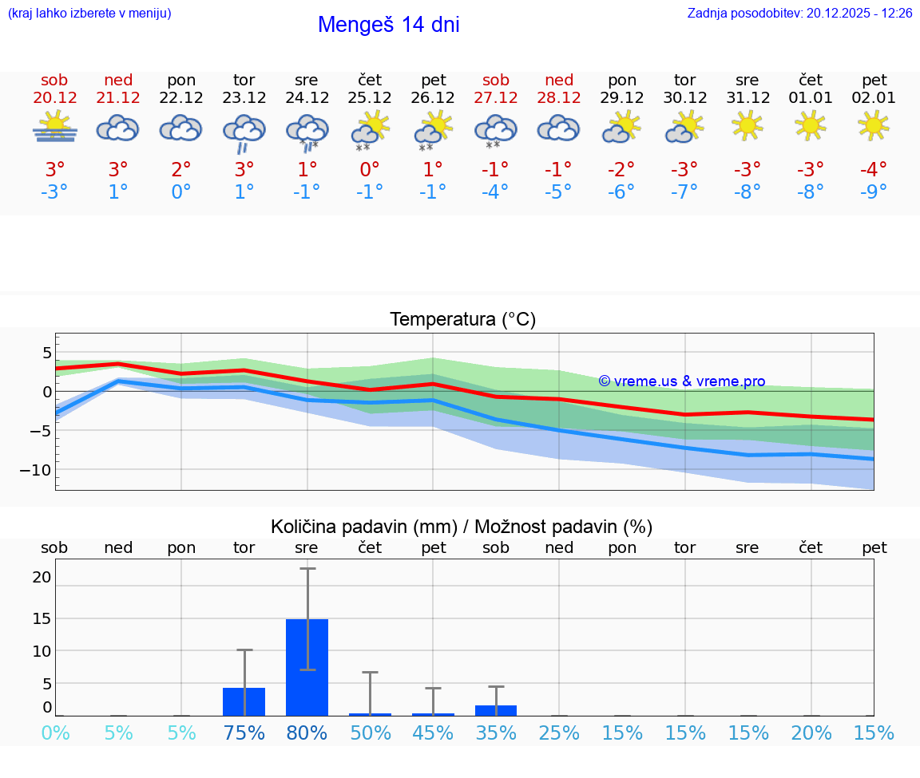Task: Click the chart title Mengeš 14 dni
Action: point(388,25)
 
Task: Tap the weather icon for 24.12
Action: point(307,131)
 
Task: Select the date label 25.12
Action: point(370,98)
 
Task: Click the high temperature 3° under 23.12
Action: point(244,169)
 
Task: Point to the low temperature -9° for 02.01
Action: point(874,192)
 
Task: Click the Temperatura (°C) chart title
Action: point(462,320)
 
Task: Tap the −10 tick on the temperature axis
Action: point(35,470)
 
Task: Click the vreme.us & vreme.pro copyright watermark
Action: point(682,381)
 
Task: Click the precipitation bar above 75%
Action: point(244,701)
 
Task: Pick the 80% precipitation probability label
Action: point(307,733)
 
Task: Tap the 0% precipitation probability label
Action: point(55,733)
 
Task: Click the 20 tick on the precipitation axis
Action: point(42,577)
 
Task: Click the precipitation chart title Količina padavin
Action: point(462,527)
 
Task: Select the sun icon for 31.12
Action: point(747,125)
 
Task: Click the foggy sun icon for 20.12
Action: point(55,127)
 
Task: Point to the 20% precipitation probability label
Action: point(811,733)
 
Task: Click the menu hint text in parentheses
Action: point(89,14)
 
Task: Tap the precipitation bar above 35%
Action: point(496,710)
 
